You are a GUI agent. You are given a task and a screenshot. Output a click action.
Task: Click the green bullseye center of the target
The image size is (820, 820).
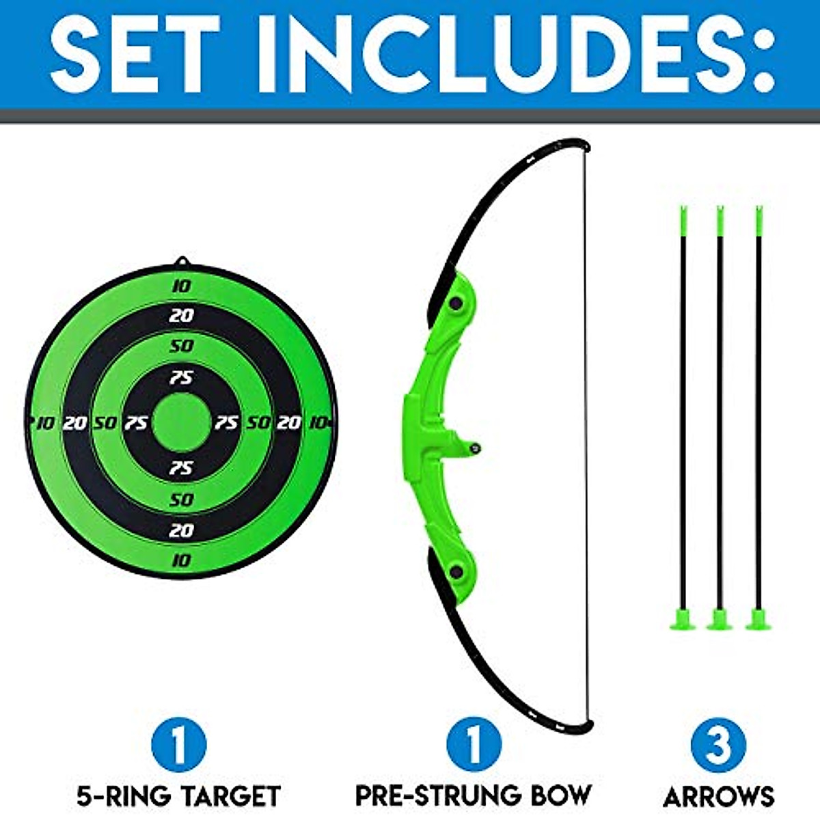point(181,422)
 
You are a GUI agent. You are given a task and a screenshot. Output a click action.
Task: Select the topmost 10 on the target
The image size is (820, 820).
point(181,286)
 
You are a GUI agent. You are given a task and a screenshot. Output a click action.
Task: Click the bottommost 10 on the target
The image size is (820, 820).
point(181,560)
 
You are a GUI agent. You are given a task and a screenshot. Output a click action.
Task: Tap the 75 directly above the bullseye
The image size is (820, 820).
point(181,377)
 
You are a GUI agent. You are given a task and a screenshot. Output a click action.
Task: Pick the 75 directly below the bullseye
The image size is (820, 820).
point(181,468)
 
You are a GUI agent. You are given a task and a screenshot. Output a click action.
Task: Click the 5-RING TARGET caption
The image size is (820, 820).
point(178,795)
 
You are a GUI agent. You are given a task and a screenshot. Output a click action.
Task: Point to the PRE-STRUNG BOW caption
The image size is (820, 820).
point(474,795)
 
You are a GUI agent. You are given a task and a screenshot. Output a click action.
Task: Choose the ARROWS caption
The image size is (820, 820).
point(719,795)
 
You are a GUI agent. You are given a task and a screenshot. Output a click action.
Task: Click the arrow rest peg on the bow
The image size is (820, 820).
point(475,448)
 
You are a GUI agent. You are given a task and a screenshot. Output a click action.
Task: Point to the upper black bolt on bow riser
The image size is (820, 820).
point(454,301)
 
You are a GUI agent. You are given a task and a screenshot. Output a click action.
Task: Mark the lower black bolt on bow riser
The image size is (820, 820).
point(455,572)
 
